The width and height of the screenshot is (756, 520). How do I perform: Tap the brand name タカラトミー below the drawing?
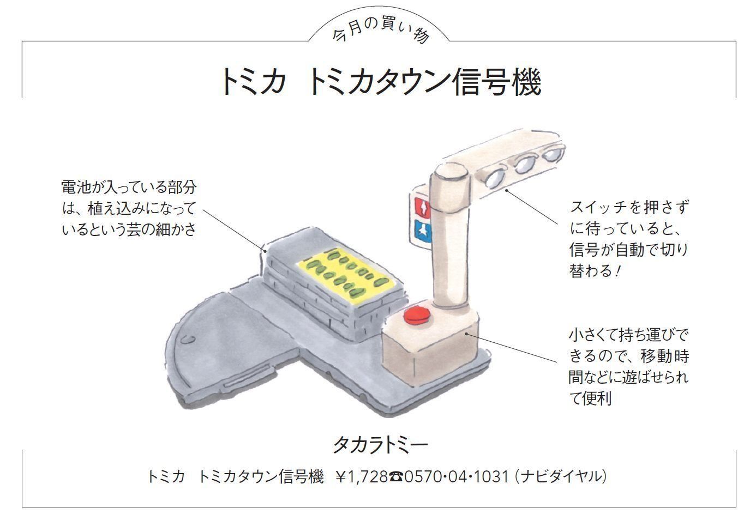click(380, 445)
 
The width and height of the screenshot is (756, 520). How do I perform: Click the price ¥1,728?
click(362, 477)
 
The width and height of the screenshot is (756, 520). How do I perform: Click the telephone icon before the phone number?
click(396, 477)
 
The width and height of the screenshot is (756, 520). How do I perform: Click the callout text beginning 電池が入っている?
click(129, 208)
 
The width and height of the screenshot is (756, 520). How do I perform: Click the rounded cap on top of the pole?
click(450, 173)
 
